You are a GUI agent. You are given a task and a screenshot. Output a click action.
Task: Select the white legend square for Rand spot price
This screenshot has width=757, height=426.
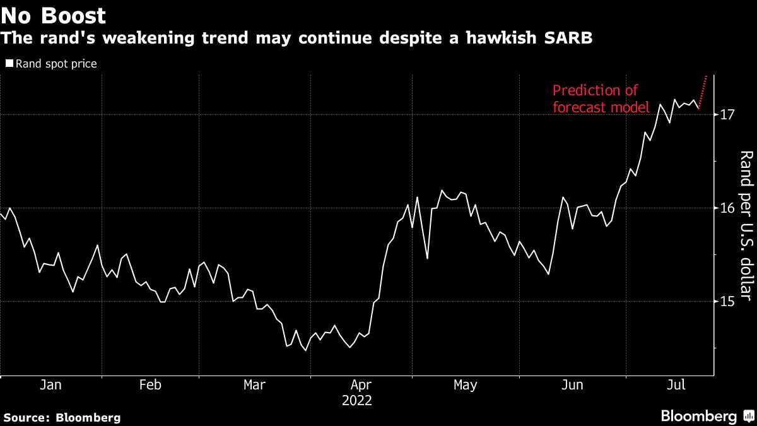9,64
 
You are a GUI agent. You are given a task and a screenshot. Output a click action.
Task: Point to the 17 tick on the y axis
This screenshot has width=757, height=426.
726,114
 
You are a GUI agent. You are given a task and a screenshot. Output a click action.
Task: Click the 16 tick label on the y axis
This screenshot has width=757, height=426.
726,208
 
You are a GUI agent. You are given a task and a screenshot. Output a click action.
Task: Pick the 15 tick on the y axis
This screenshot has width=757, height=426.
726,302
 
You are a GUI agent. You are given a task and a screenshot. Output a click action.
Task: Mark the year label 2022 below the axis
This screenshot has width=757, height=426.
357,401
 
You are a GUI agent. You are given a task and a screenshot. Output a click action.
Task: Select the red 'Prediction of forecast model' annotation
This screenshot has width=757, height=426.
601,99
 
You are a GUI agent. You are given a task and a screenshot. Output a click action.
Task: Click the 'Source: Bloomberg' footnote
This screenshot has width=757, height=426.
62,417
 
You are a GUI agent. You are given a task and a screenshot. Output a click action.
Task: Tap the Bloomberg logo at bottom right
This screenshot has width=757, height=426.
706,417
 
